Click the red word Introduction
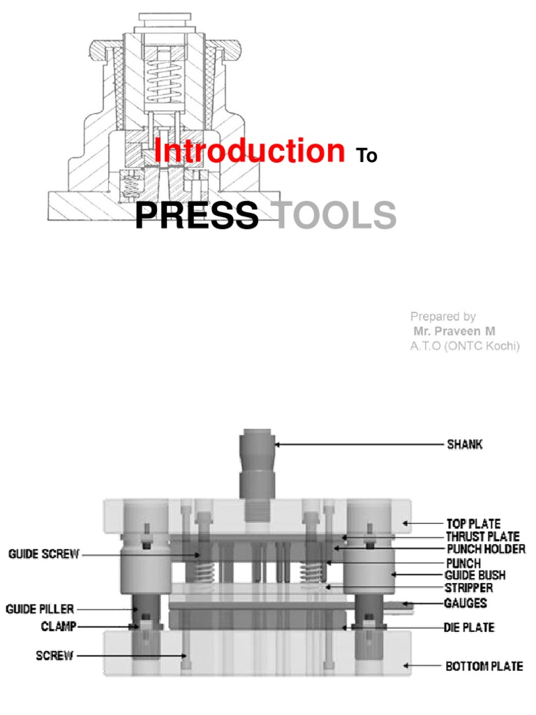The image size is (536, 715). coord(249,151)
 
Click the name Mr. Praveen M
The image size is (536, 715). coord(454,331)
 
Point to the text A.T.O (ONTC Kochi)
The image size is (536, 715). coord(465,346)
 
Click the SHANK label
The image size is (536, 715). coord(464,444)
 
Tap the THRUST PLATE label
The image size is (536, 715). coord(483,536)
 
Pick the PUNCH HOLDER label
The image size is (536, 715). coord(486,549)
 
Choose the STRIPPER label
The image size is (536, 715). coord(469,588)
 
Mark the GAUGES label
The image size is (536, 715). coord(466,603)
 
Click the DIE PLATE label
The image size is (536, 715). coord(469,628)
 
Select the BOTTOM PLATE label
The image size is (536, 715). coord(484,666)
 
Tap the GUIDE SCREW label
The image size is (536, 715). coord(44,554)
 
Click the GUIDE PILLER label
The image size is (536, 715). coord(40,610)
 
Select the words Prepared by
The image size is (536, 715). coord(443,316)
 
